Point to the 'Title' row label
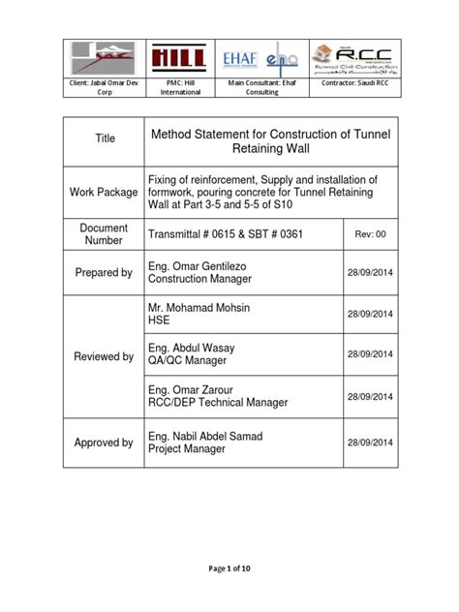tap(105, 138)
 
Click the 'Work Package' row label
tap(105, 193)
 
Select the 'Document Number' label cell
tap(105, 233)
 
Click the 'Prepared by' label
tap(105, 273)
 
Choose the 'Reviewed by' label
tap(105, 356)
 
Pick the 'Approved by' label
tap(105, 443)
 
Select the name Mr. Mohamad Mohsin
tap(199, 307)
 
